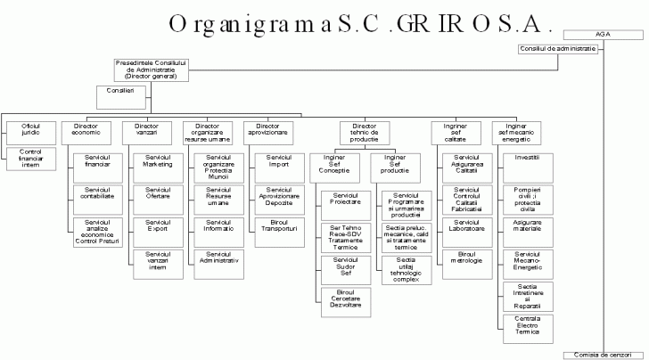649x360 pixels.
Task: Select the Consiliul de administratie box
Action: pos(556,48)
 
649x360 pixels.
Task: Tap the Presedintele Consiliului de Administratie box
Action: pos(152,70)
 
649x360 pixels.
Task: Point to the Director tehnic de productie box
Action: pos(365,134)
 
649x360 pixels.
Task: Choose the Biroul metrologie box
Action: pos(466,259)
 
